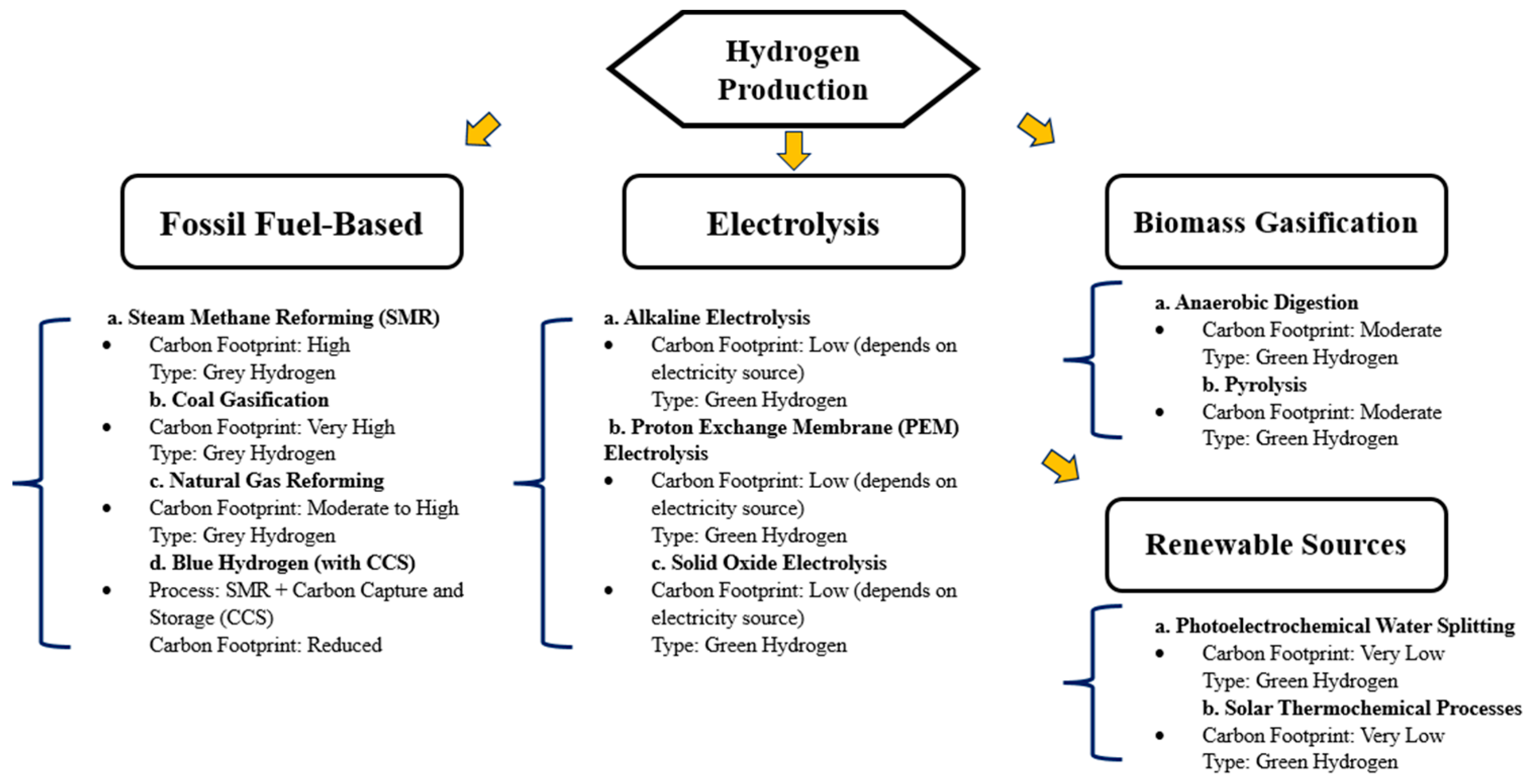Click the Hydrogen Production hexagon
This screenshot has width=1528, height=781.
793,69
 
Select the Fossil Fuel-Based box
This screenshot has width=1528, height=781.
291,222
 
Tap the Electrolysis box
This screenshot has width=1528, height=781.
793,222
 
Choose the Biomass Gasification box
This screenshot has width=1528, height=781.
1275,222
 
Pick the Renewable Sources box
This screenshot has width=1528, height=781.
1275,545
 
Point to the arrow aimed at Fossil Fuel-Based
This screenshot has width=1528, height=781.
482,129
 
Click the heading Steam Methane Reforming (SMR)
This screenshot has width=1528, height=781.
273,317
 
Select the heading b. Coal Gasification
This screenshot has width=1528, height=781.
239,399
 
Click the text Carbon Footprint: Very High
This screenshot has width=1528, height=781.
272,427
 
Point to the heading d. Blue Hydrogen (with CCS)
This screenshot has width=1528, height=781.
282,563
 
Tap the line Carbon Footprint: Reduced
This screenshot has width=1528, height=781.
265,645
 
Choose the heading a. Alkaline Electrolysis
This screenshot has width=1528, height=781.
707,317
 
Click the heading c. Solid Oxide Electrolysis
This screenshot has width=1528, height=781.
768,563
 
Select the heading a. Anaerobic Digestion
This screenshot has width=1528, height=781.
1256,303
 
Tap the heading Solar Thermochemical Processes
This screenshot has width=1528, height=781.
1361,708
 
